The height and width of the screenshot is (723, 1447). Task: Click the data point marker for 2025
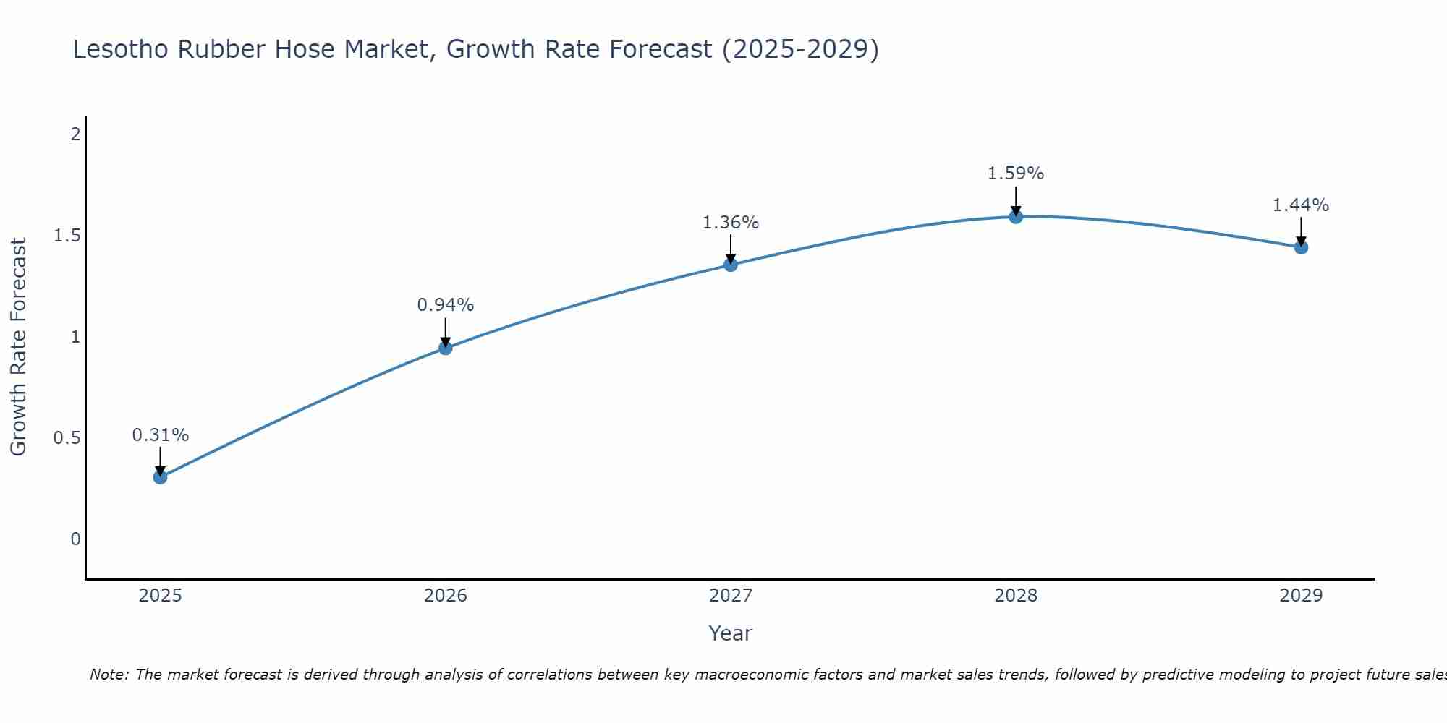161,477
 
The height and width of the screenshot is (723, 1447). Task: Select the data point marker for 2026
446,348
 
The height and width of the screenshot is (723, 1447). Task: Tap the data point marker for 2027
731,265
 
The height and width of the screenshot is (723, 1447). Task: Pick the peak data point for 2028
1016,217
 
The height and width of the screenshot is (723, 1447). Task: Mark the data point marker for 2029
1301,247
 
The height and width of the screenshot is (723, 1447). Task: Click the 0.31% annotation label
161,435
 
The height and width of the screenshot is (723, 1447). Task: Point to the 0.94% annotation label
446,305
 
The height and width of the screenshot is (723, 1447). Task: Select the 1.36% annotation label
731,223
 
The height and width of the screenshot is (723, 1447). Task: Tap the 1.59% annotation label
1016,174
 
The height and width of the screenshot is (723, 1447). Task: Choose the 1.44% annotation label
1301,205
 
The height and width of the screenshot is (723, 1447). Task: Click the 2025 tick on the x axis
161,596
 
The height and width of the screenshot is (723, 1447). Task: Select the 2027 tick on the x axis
731,596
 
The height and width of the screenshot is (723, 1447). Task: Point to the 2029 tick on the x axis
1301,596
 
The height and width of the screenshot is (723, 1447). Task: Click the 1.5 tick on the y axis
67,236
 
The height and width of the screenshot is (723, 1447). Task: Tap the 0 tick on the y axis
75,539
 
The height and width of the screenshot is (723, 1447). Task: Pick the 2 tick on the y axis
75,134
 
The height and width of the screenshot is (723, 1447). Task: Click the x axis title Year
731,633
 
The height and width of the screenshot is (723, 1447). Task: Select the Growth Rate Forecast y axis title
19,347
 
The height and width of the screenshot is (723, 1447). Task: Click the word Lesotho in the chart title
121,49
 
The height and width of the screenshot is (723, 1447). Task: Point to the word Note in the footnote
109,675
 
